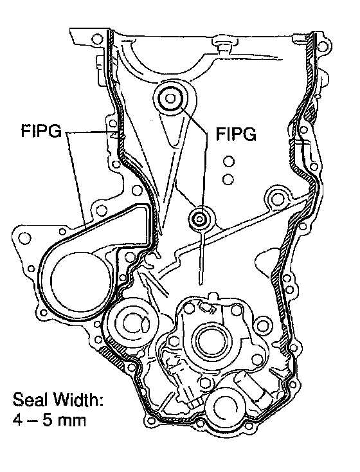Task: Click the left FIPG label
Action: (41, 131)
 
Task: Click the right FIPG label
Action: (237, 134)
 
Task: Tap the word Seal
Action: (30, 400)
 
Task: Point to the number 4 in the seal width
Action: (18, 420)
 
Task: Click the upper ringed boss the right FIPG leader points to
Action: (170, 98)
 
